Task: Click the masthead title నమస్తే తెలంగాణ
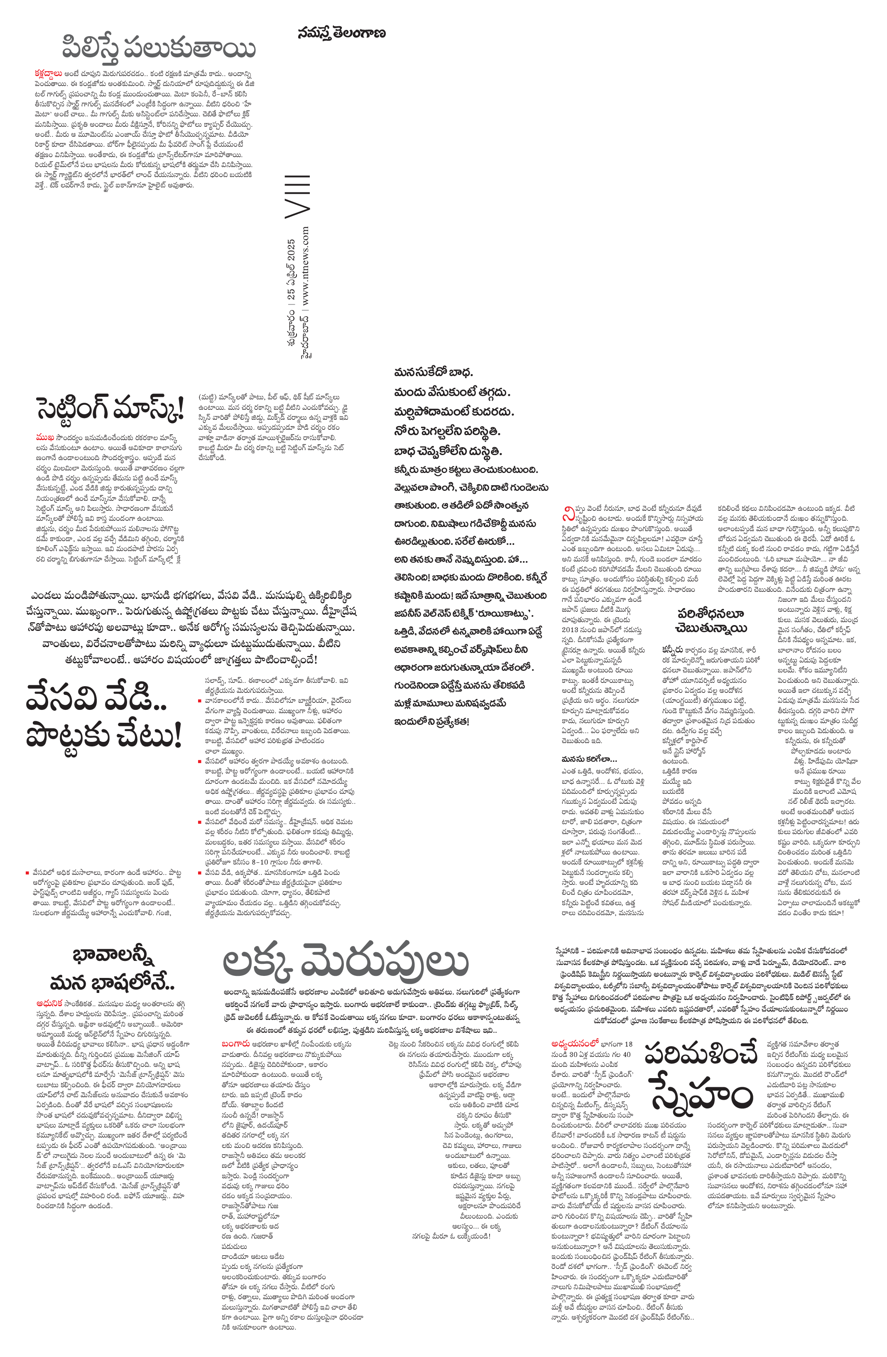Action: (x=341, y=33)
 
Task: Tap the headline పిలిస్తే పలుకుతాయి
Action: (x=158, y=49)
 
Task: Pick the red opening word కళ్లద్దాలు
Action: (x=49, y=74)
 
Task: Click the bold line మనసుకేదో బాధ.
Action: (x=434, y=373)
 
